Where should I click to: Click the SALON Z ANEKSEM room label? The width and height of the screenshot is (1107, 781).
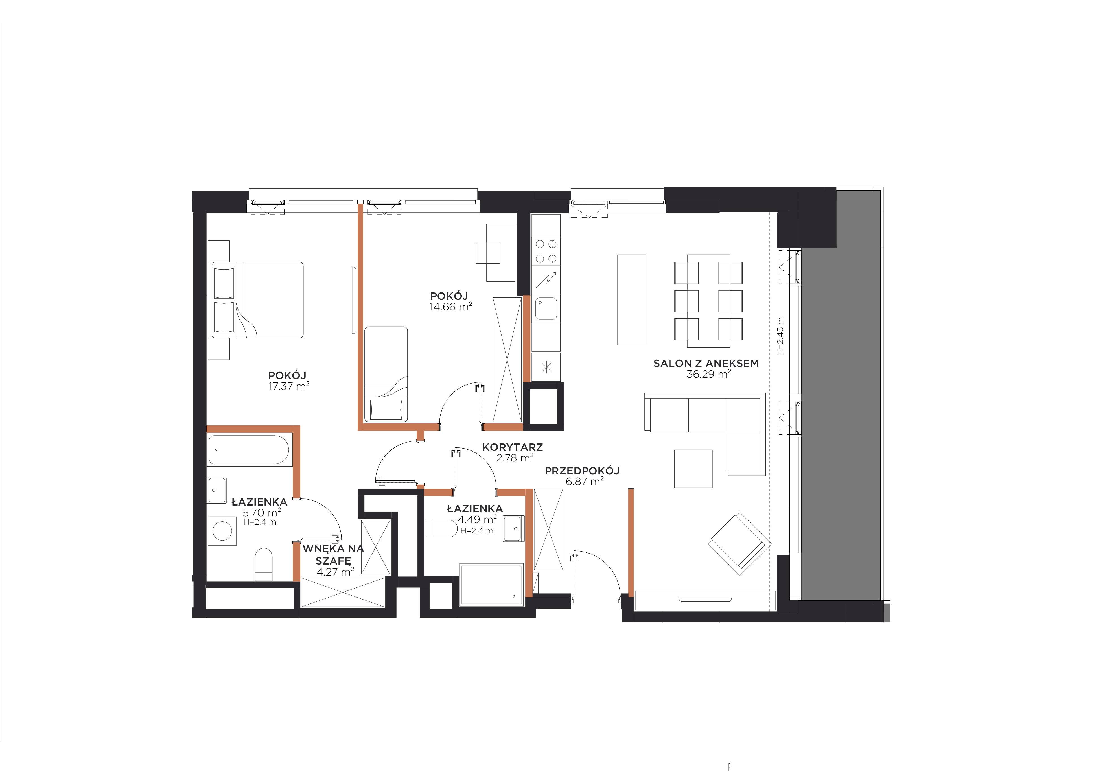click(x=706, y=364)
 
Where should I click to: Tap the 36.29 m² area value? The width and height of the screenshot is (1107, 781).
click(x=709, y=374)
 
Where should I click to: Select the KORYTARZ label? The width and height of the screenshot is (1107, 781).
click(x=513, y=447)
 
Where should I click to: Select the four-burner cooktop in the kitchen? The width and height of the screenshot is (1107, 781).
click(x=546, y=251)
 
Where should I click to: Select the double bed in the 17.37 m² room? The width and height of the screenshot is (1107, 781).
click(x=255, y=300)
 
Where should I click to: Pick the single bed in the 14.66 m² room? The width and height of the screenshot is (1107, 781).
click(x=386, y=374)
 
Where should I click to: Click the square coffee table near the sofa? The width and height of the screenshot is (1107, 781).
click(x=693, y=469)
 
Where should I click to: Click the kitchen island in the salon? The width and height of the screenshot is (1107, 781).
click(x=632, y=300)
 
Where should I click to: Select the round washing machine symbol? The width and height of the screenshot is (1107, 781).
click(x=222, y=531)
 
